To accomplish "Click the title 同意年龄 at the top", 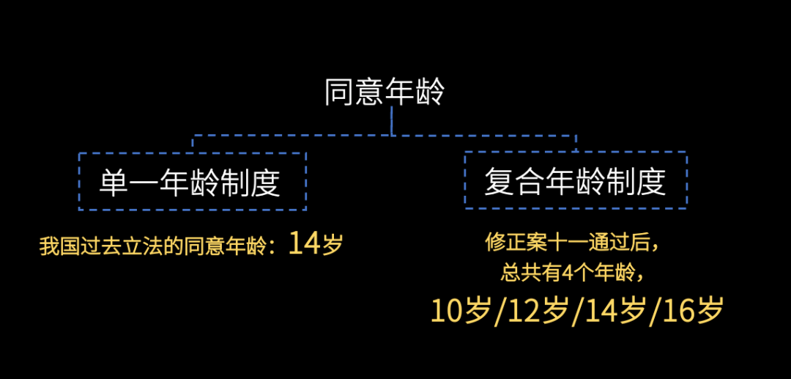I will click(385, 92).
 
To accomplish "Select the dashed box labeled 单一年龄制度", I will click(192, 181).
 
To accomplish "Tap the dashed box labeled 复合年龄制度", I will click(575, 180).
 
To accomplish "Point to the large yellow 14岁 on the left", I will click(316, 243).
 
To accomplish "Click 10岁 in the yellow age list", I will click(460, 312).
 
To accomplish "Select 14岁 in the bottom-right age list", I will click(615, 312).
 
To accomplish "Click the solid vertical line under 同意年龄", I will click(392, 122).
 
